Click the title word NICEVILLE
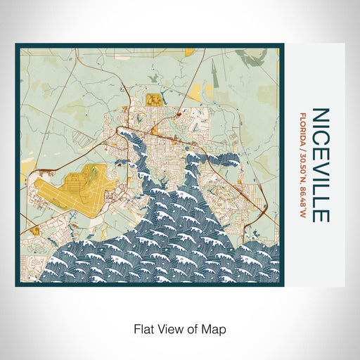(320, 165)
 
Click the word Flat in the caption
(142, 328)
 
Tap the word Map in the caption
(216, 328)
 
